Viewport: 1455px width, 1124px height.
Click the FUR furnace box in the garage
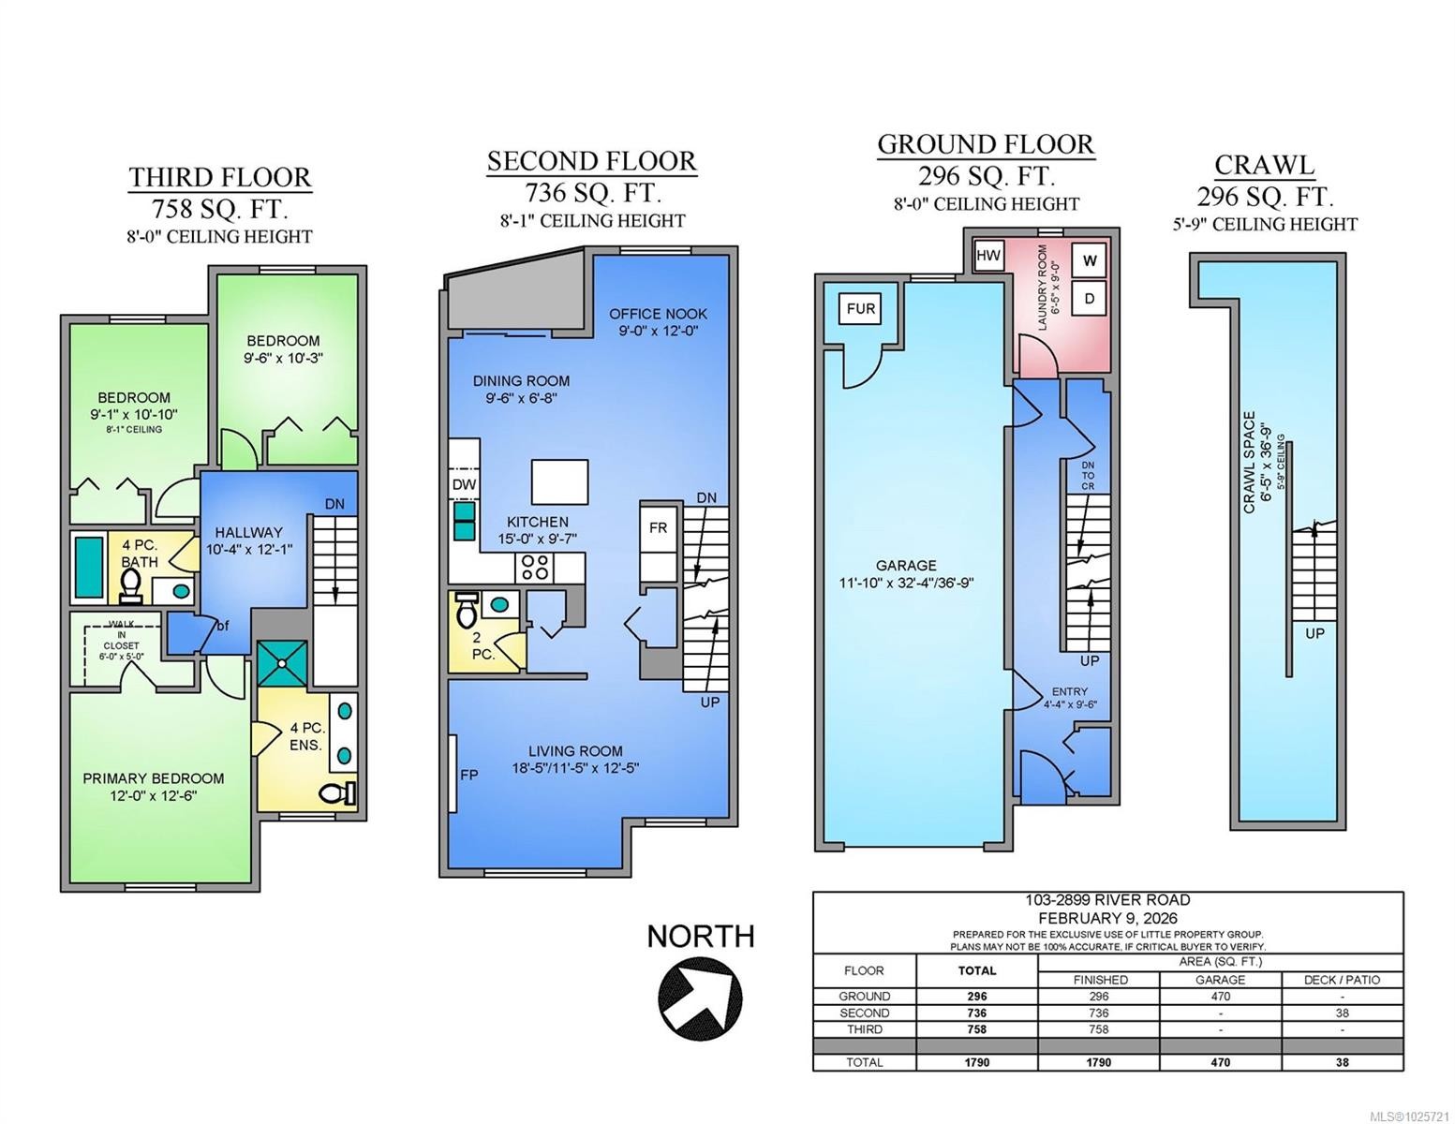click(860, 308)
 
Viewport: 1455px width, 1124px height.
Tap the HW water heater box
click(988, 255)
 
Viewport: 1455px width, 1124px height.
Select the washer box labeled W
click(1090, 260)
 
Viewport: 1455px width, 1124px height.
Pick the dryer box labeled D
click(1090, 299)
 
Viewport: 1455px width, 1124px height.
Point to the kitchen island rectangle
click(559, 482)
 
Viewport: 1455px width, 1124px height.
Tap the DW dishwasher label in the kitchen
click(464, 484)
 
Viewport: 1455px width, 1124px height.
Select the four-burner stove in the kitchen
click(535, 568)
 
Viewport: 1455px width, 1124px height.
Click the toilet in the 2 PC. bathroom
click(466, 609)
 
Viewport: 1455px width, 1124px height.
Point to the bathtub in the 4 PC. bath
click(89, 567)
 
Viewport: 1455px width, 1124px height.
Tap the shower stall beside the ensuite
click(283, 664)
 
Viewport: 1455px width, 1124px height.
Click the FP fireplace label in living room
click(468, 776)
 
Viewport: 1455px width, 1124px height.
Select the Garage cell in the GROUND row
click(1220, 996)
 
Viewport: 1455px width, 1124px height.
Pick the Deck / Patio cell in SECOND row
click(1342, 1013)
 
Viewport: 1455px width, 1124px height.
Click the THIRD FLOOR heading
click(220, 178)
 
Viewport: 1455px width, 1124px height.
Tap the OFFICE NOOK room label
click(658, 314)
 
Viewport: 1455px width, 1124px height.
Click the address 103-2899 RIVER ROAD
click(1107, 900)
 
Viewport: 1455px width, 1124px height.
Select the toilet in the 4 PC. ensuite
click(337, 794)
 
